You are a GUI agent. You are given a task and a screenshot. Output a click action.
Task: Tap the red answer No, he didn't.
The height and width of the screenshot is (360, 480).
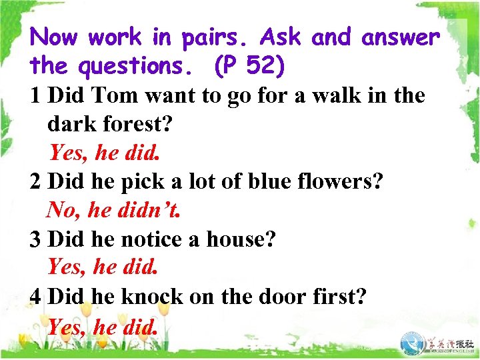(114, 211)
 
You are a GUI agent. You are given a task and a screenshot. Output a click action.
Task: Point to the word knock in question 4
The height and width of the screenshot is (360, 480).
(152, 296)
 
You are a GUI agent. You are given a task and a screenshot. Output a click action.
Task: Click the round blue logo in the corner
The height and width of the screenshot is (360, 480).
(415, 342)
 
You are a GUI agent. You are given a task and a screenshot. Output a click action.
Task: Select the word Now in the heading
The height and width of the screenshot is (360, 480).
(56, 37)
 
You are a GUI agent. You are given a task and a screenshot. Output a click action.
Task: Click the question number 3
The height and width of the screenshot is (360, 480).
(37, 239)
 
